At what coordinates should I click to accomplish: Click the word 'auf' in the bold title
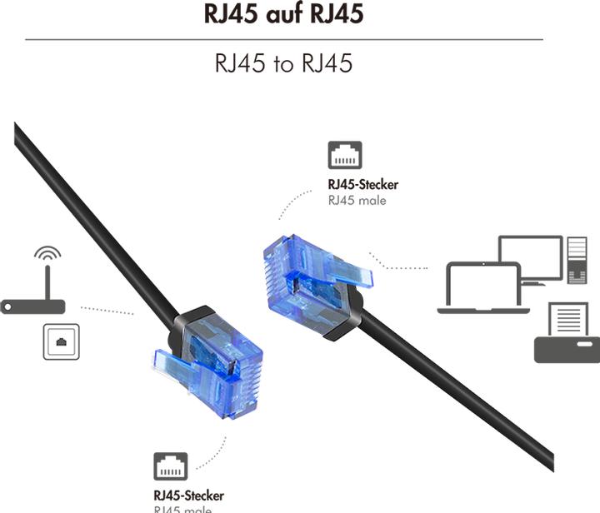(x=284, y=14)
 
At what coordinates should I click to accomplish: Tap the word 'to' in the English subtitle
(x=284, y=64)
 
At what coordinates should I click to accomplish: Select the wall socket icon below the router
(x=61, y=341)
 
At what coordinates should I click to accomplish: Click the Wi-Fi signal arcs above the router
(x=47, y=253)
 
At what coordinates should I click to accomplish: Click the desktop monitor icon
(x=530, y=258)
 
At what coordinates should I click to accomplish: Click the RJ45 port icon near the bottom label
(x=170, y=467)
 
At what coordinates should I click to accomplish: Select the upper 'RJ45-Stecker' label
(x=362, y=184)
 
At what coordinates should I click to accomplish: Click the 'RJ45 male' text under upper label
(x=357, y=200)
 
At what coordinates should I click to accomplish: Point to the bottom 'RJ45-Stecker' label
(x=188, y=496)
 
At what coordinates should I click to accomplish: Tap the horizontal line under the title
(x=284, y=39)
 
